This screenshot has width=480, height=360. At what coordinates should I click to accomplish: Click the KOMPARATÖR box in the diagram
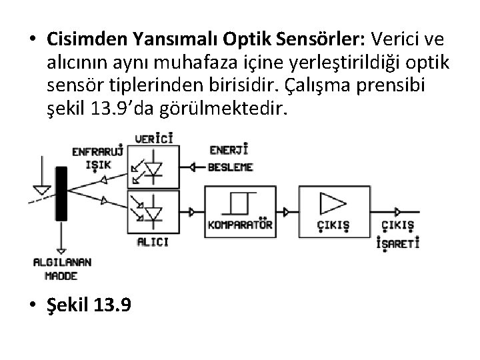(241, 211)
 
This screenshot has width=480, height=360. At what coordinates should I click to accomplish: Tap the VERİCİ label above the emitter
(154, 139)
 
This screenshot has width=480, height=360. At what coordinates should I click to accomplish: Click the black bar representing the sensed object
(62, 193)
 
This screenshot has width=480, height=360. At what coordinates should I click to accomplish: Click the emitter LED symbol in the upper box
(155, 168)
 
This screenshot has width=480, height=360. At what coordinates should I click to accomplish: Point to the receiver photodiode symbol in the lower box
(155, 210)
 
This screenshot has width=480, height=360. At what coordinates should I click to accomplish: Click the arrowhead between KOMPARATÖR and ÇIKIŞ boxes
(286, 212)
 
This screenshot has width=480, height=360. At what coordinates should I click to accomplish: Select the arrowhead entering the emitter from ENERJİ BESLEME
(193, 167)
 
